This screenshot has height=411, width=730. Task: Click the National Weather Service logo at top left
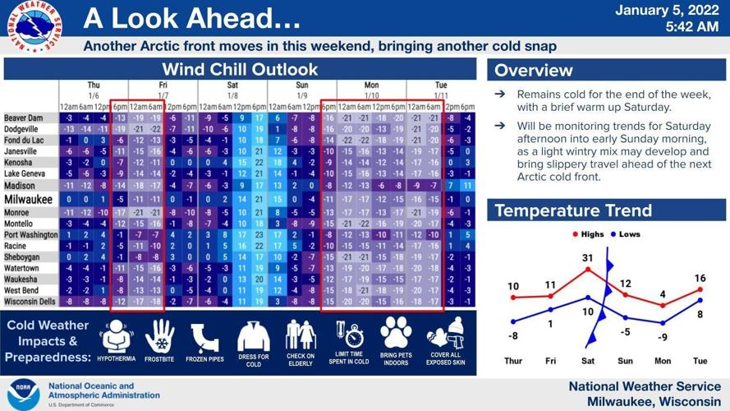[32, 28]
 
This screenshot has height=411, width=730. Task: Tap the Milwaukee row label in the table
[30, 200]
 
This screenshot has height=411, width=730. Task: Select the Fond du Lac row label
[24, 141]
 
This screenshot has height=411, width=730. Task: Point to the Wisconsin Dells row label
[30, 302]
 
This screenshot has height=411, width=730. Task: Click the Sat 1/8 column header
[232, 90]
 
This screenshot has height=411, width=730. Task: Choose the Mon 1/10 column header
[371, 90]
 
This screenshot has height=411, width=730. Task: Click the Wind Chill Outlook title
[240, 69]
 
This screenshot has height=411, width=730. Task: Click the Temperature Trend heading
[573, 210]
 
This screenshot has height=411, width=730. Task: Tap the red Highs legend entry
[587, 235]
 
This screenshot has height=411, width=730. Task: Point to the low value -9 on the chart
[662, 337]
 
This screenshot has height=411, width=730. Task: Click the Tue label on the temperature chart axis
[700, 361]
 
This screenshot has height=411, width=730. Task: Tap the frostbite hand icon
[160, 337]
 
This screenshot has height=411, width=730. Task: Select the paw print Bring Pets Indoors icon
[397, 335]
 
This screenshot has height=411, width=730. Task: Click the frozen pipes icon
[205, 337]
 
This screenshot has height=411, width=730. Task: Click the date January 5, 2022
[666, 11]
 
